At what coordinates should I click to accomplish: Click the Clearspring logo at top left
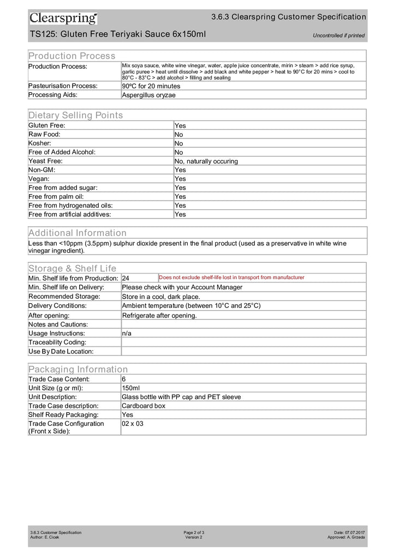point(63,19)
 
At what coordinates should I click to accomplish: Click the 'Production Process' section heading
point(72,56)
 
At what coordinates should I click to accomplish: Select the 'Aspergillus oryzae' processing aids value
point(148,95)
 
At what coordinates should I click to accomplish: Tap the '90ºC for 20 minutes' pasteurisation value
point(151,86)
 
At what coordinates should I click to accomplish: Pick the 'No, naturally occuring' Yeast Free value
point(206,161)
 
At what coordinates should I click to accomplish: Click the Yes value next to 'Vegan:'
point(180,179)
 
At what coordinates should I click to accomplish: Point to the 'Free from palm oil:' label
point(56,196)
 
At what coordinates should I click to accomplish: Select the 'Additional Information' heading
point(78,233)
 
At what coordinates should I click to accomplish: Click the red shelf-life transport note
point(231,277)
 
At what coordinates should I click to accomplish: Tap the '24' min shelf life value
point(126,279)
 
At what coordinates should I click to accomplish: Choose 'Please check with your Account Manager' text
point(182,287)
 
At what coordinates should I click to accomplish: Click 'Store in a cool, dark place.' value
point(164,297)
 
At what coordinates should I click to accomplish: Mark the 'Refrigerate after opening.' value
point(159,315)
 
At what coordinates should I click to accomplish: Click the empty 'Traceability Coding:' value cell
point(243,342)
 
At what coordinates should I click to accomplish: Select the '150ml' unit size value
point(131,388)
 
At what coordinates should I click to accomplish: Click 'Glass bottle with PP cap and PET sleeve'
point(181,397)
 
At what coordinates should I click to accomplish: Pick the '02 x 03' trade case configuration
point(133,424)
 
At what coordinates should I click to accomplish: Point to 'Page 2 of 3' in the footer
point(194,532)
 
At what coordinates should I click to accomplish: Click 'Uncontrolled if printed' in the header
point(338,36)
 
